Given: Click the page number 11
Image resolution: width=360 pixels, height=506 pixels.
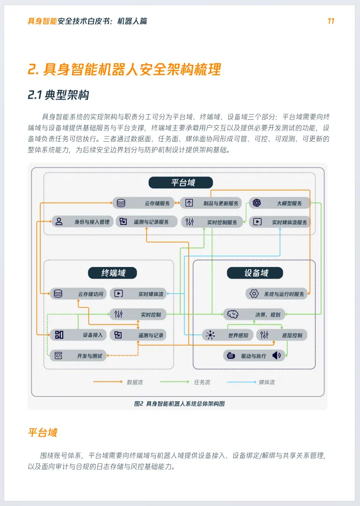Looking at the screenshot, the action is (331, 22).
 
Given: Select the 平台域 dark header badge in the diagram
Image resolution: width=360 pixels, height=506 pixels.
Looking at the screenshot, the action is (180, 182).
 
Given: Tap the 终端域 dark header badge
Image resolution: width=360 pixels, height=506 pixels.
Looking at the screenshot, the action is (113, 273).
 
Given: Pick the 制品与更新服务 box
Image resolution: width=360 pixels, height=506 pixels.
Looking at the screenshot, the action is (211, 203).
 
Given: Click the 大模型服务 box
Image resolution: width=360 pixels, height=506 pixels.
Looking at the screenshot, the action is (279, 203).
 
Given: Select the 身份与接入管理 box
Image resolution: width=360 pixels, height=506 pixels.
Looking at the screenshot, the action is (82, 222).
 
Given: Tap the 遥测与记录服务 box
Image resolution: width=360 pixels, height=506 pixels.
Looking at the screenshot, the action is (146, 222).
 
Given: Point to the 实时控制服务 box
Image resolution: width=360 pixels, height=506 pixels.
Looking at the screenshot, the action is (212, 222).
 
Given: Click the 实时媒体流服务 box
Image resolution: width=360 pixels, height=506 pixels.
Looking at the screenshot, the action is (280, 222).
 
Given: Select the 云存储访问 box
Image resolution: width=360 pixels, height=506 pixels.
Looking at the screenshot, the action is (79, 294).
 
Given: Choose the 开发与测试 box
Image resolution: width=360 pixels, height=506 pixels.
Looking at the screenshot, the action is (78, 356).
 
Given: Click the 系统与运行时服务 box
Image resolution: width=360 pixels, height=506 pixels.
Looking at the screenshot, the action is (276, 294).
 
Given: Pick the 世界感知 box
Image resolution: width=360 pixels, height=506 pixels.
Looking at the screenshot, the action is (228, 335).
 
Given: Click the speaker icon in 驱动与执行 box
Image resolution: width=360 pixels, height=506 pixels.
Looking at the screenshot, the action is (276, 355).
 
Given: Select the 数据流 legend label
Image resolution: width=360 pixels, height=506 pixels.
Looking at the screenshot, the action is (135, 382).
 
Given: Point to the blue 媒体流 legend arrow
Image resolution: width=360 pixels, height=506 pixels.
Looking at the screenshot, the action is (241, 382).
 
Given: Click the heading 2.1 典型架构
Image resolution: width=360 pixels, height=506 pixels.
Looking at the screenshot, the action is (58, 95).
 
